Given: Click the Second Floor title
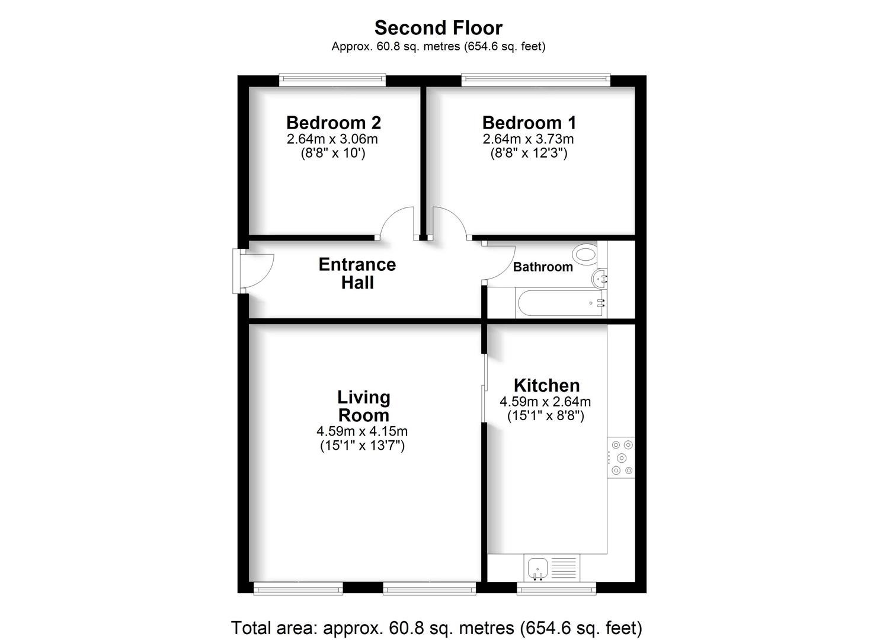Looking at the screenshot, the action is (x=439, y=28).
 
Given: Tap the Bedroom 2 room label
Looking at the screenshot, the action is (x=334, y=123).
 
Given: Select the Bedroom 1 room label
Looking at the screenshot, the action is (x=529, y=123).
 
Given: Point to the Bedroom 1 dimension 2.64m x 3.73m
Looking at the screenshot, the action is (x=529, y=139).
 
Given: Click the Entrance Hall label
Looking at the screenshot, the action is (x=357, y=273).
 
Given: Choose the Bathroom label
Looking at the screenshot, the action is (x=543, y=267).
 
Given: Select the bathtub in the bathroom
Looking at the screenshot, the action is (x=561, y=303).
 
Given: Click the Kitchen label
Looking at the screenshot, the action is (x=546, y=386).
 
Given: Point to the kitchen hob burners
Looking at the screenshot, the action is (x=622, y=457).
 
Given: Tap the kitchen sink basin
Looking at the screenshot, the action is (x=538, y=568).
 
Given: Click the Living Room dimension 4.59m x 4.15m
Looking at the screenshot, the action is (x=362, y=431).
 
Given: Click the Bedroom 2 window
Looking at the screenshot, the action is (x=332, y=80).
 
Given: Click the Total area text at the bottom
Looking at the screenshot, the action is (x=437, y=628).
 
